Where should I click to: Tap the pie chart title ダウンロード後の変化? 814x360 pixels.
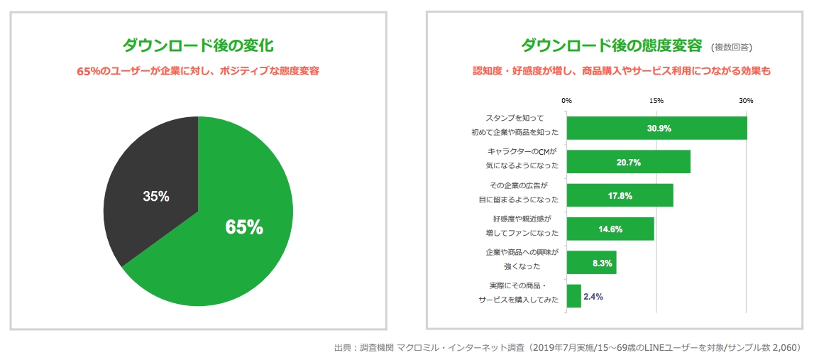(x=198, y=45)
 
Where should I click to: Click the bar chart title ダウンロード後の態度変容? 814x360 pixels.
(x=611, y=45)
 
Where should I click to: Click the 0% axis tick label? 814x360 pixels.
(x=566, y=101)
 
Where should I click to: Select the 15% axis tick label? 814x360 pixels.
(x=656, y=101)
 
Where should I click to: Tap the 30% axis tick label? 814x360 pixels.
(x=746, y=101)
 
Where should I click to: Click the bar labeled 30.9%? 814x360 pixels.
(x=656, y=129)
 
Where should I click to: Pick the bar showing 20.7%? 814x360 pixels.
(x=628, y=162)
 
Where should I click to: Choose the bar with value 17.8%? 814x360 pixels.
(x=620, y=195)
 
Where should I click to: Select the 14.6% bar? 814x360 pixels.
(x=610, y=229)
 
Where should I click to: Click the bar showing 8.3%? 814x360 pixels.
(x=591, y=262)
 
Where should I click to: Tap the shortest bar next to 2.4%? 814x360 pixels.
(x=573, y=296)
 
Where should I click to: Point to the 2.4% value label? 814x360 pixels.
(x=593, y=297)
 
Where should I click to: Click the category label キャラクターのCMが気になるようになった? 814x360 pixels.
(x=522, y=158)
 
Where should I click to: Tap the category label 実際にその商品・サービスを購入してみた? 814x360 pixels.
(x=519, y=293)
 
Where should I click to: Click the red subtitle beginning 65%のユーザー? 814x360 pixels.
(x=198, y=71)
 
